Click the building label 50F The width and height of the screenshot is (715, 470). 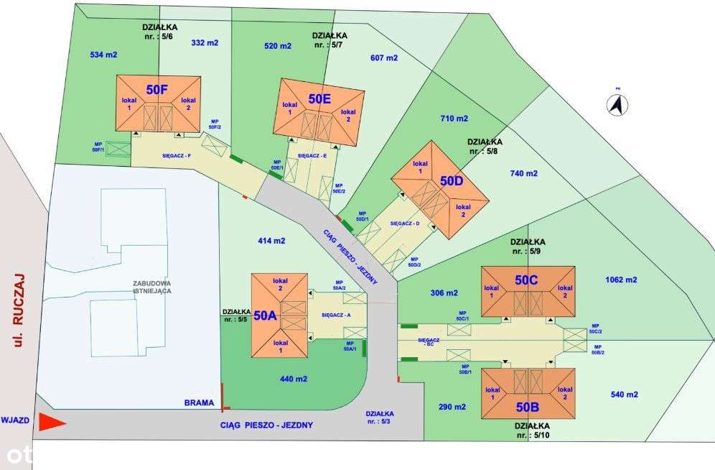point(157,90)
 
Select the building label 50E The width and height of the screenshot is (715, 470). point(319,99)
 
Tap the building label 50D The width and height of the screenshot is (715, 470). point(452,181)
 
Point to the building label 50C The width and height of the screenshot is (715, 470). point(526,280)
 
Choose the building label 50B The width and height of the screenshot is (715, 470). point(528,407)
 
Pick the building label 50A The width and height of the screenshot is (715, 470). point(264,315)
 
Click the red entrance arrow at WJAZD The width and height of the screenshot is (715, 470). point(52,423)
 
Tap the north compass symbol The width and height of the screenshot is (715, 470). point(617,105)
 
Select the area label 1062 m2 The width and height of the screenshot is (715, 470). point(621,280)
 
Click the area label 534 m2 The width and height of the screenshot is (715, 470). point(103,55)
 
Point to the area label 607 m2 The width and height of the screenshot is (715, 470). point(383,58)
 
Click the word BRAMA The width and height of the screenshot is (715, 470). point(199,403)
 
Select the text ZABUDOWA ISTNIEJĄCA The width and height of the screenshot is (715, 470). point(151,287)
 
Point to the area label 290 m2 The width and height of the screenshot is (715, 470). point(452,407)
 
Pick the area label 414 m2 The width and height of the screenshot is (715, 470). point(271,241)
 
